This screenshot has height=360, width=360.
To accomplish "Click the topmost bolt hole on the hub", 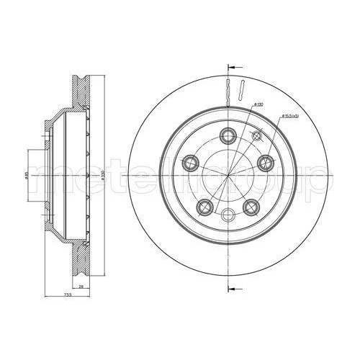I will pos(230,134).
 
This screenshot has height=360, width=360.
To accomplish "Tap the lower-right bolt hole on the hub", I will pos(252,207).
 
